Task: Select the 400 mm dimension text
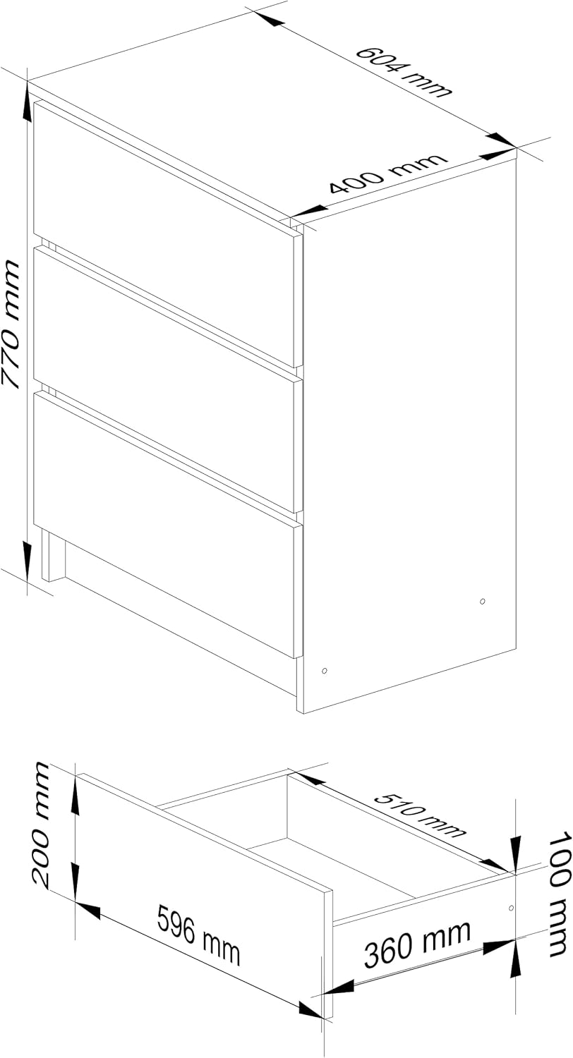click(x=387, y=174)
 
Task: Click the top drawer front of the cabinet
click(x=164, y=233)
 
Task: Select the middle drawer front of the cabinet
click(x=164, y=380)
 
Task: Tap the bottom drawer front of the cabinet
click(x=164, y=525)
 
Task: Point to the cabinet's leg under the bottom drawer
click(x=53, y=556)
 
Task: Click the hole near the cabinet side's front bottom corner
click(x=324, y=671)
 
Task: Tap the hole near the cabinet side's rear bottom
click(x=482, y=601)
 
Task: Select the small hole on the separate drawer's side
click(x=511, y=908)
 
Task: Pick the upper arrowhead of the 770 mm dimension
click(x=28, y=103)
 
